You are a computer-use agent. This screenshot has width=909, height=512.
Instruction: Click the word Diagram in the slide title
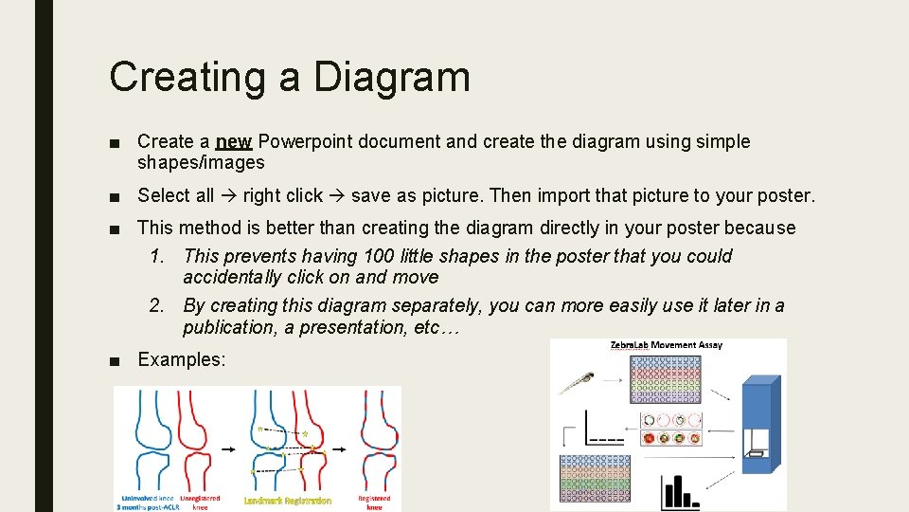click(392, 76)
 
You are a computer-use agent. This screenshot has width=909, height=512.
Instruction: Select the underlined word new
click(233, 142)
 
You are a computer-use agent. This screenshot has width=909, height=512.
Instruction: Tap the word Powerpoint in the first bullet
click(301, 142)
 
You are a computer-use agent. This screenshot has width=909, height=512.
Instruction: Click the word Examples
click(182, 359)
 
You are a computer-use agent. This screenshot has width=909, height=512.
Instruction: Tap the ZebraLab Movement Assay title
click(666, 345)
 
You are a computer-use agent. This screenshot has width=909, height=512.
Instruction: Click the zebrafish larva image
click(577, 383)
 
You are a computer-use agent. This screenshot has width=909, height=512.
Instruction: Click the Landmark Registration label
click(288, 501)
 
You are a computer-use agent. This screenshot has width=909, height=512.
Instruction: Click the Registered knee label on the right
click(374, 502)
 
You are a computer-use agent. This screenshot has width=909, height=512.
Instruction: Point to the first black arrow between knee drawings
click(228, 448)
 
